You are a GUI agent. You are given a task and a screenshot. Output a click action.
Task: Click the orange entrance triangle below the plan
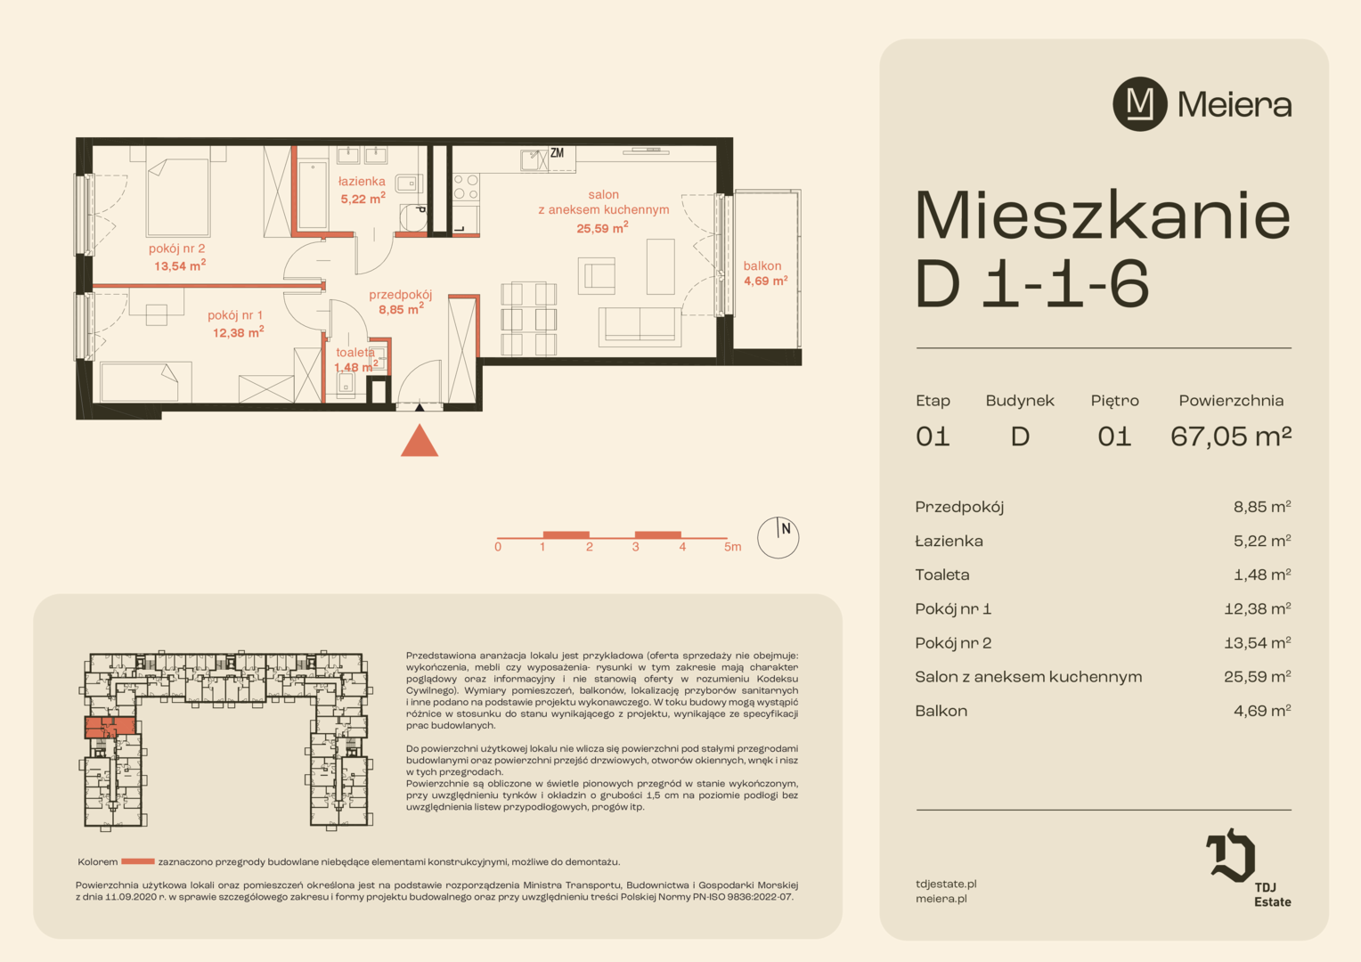tap(420, 441)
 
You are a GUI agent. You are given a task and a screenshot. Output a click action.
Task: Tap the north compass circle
tap(778, 537)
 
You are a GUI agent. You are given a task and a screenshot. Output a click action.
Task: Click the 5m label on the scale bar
tap(733, 547)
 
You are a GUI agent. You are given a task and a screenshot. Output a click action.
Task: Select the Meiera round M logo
tap(1140, 104)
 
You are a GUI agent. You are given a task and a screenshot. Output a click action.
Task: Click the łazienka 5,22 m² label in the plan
tap(363, 190)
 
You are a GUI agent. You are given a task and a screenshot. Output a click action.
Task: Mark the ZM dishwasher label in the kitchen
tap(558, 153)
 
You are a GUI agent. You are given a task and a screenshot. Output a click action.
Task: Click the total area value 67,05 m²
tap(1231, 436)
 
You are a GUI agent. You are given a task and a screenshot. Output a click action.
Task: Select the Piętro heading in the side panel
tap(1115, 401)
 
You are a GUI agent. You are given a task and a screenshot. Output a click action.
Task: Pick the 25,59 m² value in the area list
tap(1257, 676)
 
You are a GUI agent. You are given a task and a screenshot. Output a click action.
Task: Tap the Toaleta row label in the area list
tap(941, 575)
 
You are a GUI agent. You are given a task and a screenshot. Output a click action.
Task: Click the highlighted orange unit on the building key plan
tap(110, 727)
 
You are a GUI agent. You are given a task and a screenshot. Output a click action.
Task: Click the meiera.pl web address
tap(941, 899)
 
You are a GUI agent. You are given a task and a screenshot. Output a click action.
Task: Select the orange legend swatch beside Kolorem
tap(138, 861)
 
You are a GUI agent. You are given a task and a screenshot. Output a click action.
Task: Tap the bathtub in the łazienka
tap(313, 194)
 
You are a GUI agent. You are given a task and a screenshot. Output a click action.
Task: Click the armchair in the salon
tap(596, 276)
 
